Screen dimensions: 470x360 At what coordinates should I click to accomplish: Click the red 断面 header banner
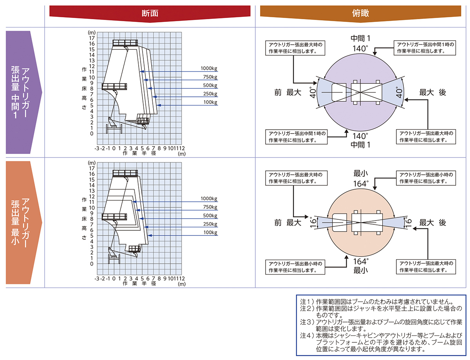coord(150,13)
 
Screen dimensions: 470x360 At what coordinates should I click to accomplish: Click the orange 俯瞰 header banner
coord(360,13)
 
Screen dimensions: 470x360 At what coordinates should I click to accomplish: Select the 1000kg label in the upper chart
coord(209,68)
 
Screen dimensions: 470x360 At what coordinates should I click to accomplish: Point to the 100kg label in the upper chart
coord(210,102)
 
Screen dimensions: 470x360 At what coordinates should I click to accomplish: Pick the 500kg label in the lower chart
coord(210,215)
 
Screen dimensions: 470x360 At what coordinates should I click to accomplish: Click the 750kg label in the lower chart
coord(210,207)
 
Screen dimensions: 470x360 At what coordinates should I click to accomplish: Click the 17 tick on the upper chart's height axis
coord(92,38)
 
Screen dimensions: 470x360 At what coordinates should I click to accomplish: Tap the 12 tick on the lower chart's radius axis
coord(182,279)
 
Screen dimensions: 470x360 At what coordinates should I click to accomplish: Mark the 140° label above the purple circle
coord(360,49)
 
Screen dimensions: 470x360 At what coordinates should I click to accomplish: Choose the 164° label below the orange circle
coord(361,262)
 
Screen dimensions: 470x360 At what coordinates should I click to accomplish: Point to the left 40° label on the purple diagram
coord(313,92)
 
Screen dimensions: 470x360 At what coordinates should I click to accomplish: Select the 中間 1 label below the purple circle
coord(360,145)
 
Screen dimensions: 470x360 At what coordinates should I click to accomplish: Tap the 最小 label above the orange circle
coord(361,174)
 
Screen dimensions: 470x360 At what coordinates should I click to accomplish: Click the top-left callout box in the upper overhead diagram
coord(295,48)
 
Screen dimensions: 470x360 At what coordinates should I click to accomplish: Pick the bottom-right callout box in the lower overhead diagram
coord(426,267)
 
